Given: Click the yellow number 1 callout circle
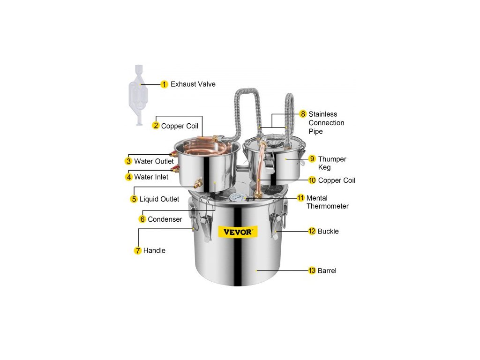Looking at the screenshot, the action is coord(164,84).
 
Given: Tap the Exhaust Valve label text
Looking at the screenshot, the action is coord(193,84).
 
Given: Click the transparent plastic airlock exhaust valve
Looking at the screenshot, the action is coord(139,95).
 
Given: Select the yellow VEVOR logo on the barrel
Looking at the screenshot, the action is coord(238,232).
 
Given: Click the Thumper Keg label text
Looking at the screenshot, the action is coord(332,163).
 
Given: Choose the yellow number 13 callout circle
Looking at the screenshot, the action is coord(312,270).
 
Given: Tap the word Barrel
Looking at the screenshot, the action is coord(327,270).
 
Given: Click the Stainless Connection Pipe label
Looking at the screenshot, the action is coord(326,123).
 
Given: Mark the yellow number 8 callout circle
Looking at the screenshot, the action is coord(303,114).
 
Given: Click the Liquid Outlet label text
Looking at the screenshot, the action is coord(159,199).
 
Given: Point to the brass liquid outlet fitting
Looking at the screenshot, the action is coord(198,183).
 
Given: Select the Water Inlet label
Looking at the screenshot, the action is coord(151,177).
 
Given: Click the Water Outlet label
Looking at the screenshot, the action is coord(154,161).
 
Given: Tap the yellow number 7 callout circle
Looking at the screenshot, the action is coord(138,251).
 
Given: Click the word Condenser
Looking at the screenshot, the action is coord(165,219).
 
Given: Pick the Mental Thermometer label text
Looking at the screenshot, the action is coord(328,202).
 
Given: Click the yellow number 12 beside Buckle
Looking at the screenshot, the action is coord(312,231).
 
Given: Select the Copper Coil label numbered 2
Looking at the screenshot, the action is coord(180,126).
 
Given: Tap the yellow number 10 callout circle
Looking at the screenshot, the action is coord(312,180).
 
